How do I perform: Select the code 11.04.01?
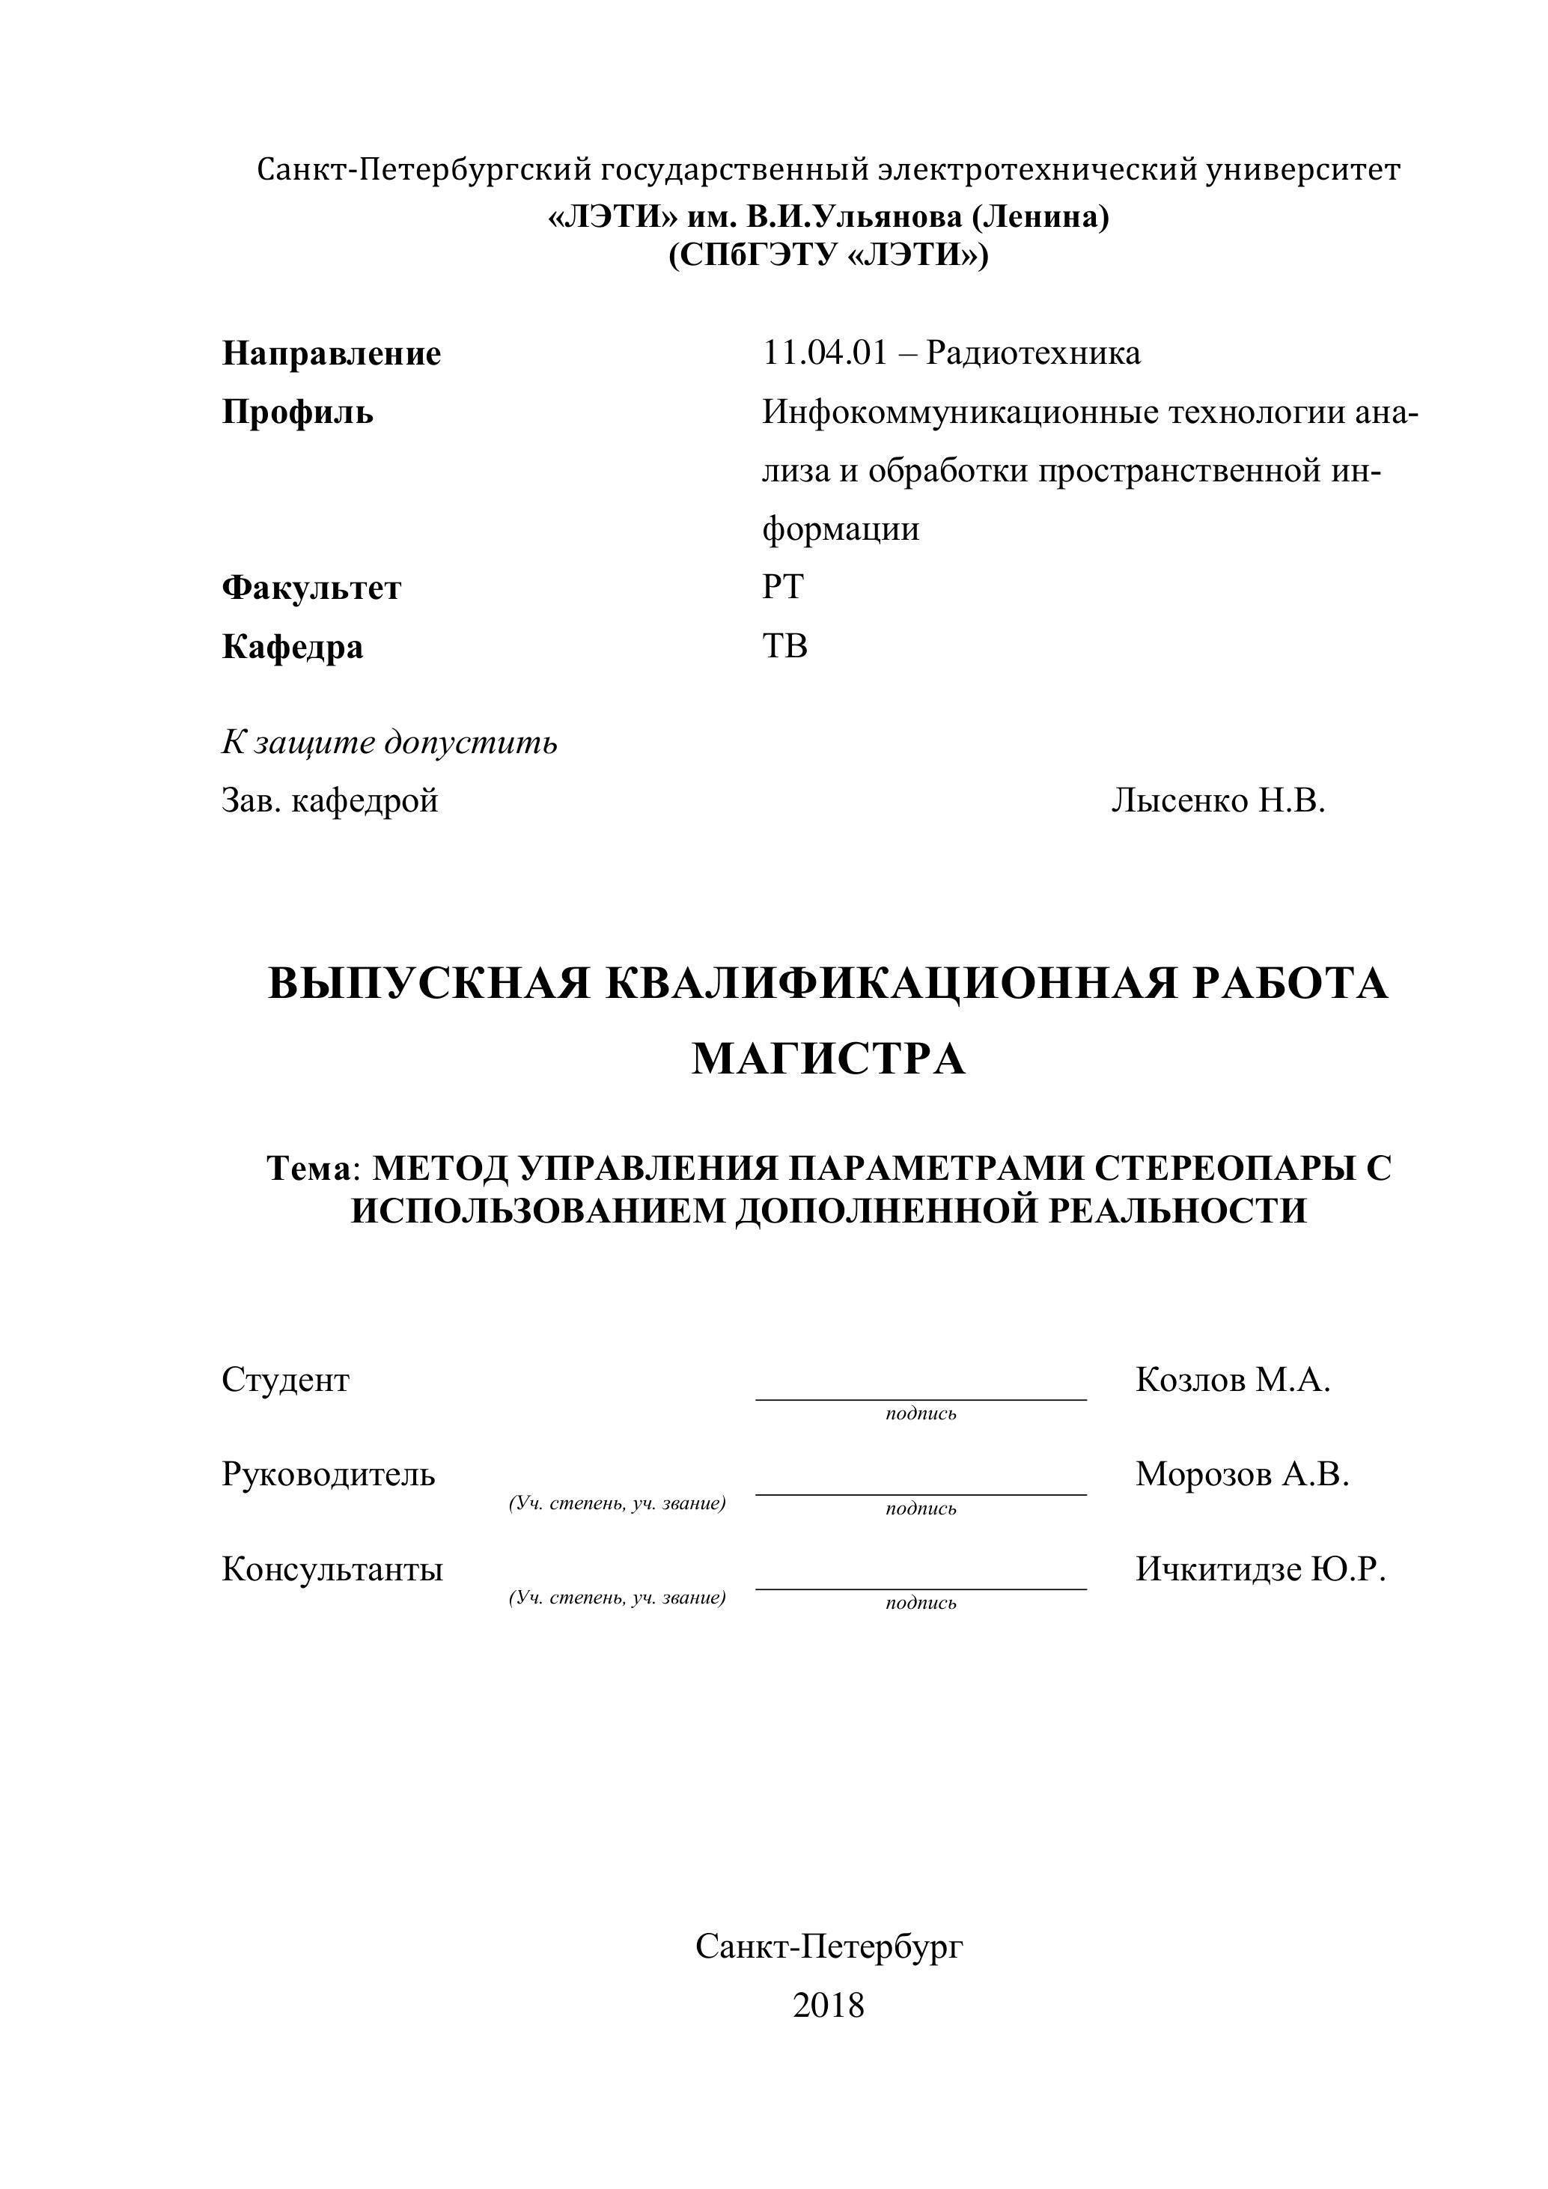tap(823, 353)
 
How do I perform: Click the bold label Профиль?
tap(297, 412)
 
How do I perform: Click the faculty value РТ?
tap(782, 586)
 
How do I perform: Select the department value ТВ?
tap(784, 645)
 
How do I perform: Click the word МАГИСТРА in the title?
tap(829, 1059)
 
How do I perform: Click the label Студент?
tap(285, 1380)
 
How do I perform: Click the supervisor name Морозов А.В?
tap(1242, 1474)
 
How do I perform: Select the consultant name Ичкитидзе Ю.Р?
tap(1260, 1568)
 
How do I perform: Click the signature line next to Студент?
tap(920, 1397)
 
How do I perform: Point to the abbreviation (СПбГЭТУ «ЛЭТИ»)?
tap(829, 255)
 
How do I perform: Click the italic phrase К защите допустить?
tap(389, 742)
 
